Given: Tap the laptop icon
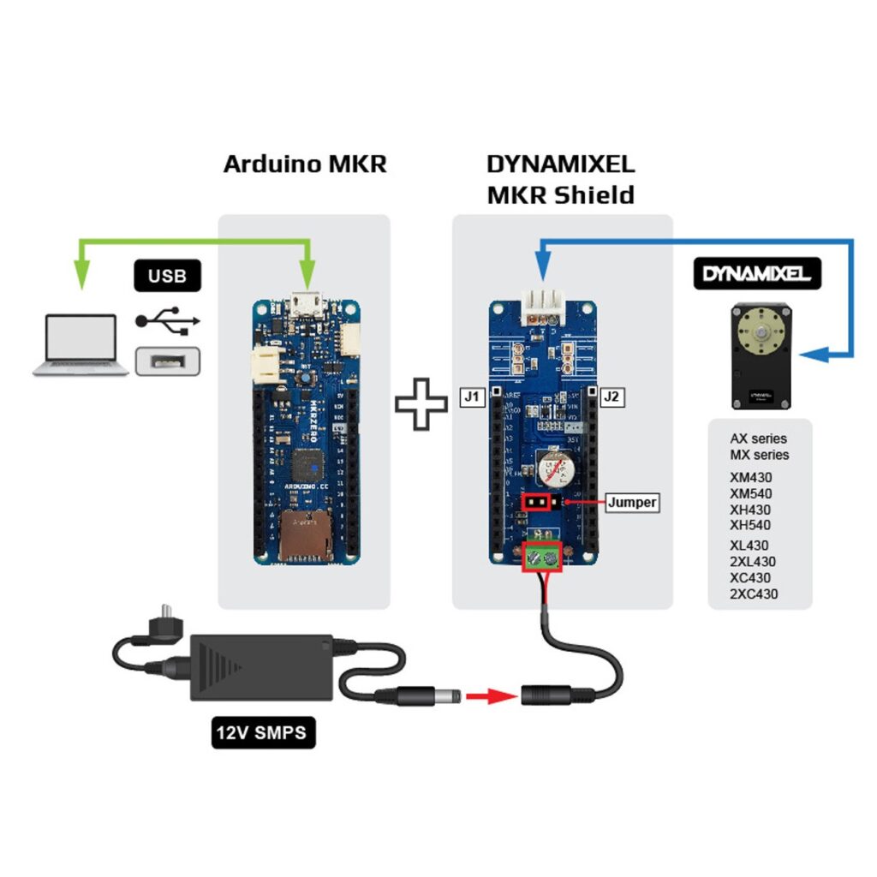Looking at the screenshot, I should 81,345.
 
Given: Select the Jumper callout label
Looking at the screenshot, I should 632,503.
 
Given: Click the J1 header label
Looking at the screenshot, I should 473,397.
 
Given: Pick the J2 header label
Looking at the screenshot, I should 613,397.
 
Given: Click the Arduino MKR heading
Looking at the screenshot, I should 305,164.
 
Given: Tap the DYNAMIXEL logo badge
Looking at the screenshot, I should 757,274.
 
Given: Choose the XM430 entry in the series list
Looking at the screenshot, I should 750,475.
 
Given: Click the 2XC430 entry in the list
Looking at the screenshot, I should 754,594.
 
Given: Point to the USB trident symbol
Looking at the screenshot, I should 168,320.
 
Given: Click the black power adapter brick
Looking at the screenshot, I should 261,665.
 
